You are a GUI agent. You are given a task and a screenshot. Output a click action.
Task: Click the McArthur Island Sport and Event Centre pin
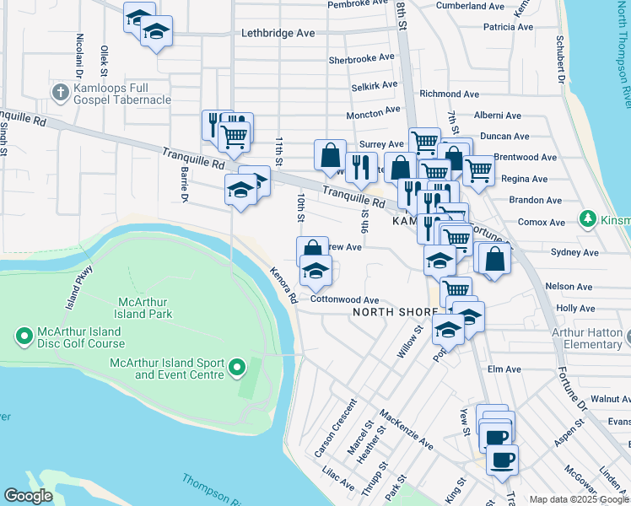[x=237, y=367]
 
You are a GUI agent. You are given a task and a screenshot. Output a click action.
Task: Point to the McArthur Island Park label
[x=147, y=307]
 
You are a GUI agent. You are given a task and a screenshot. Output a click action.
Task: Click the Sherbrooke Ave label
[x=361, y=59]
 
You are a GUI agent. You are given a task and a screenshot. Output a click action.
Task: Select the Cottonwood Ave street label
[x=344, y=299]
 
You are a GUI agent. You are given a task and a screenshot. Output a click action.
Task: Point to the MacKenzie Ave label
[x=406, y=428]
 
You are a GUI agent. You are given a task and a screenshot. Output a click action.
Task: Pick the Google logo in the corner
[x=28, y=496]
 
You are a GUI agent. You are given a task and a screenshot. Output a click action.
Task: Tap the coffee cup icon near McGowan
[x=502, y=460]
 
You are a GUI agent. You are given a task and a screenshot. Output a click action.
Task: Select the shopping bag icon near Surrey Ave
[x=330, y=155]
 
